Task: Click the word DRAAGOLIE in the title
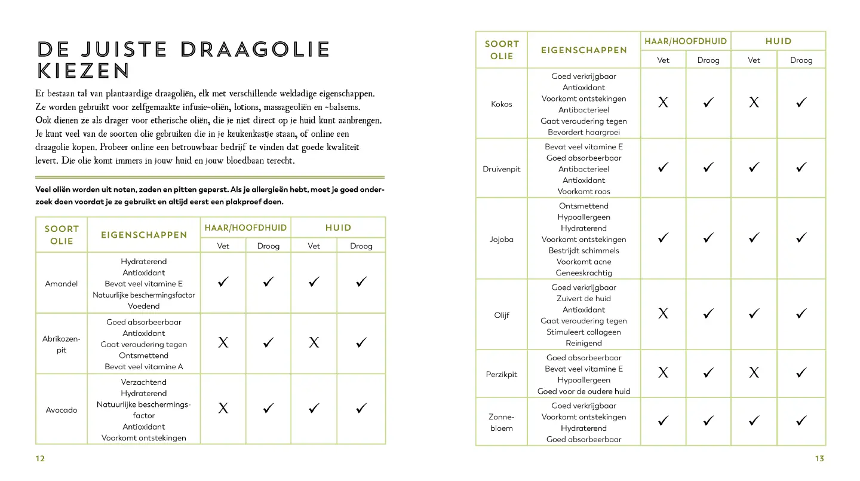(255, 50)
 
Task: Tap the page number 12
(40, 458)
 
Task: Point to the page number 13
(819, 458)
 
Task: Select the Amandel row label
(62, 284)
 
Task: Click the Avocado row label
(62, 410)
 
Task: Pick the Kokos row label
(502, 104)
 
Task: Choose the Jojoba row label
(502, 239)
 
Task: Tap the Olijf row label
(502, 315)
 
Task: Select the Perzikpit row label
(502, 375)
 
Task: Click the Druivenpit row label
(502, 169)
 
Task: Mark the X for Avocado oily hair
(223, 409)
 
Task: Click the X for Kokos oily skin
(754, 103)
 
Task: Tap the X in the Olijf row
(663, 314)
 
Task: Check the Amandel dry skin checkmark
(361, 282)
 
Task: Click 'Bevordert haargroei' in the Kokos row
(583, 132)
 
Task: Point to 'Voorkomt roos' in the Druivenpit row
(583, 191)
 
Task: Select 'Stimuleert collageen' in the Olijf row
(583, 332)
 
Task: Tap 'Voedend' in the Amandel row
(144, 306)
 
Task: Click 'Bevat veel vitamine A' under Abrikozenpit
(144, 366)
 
